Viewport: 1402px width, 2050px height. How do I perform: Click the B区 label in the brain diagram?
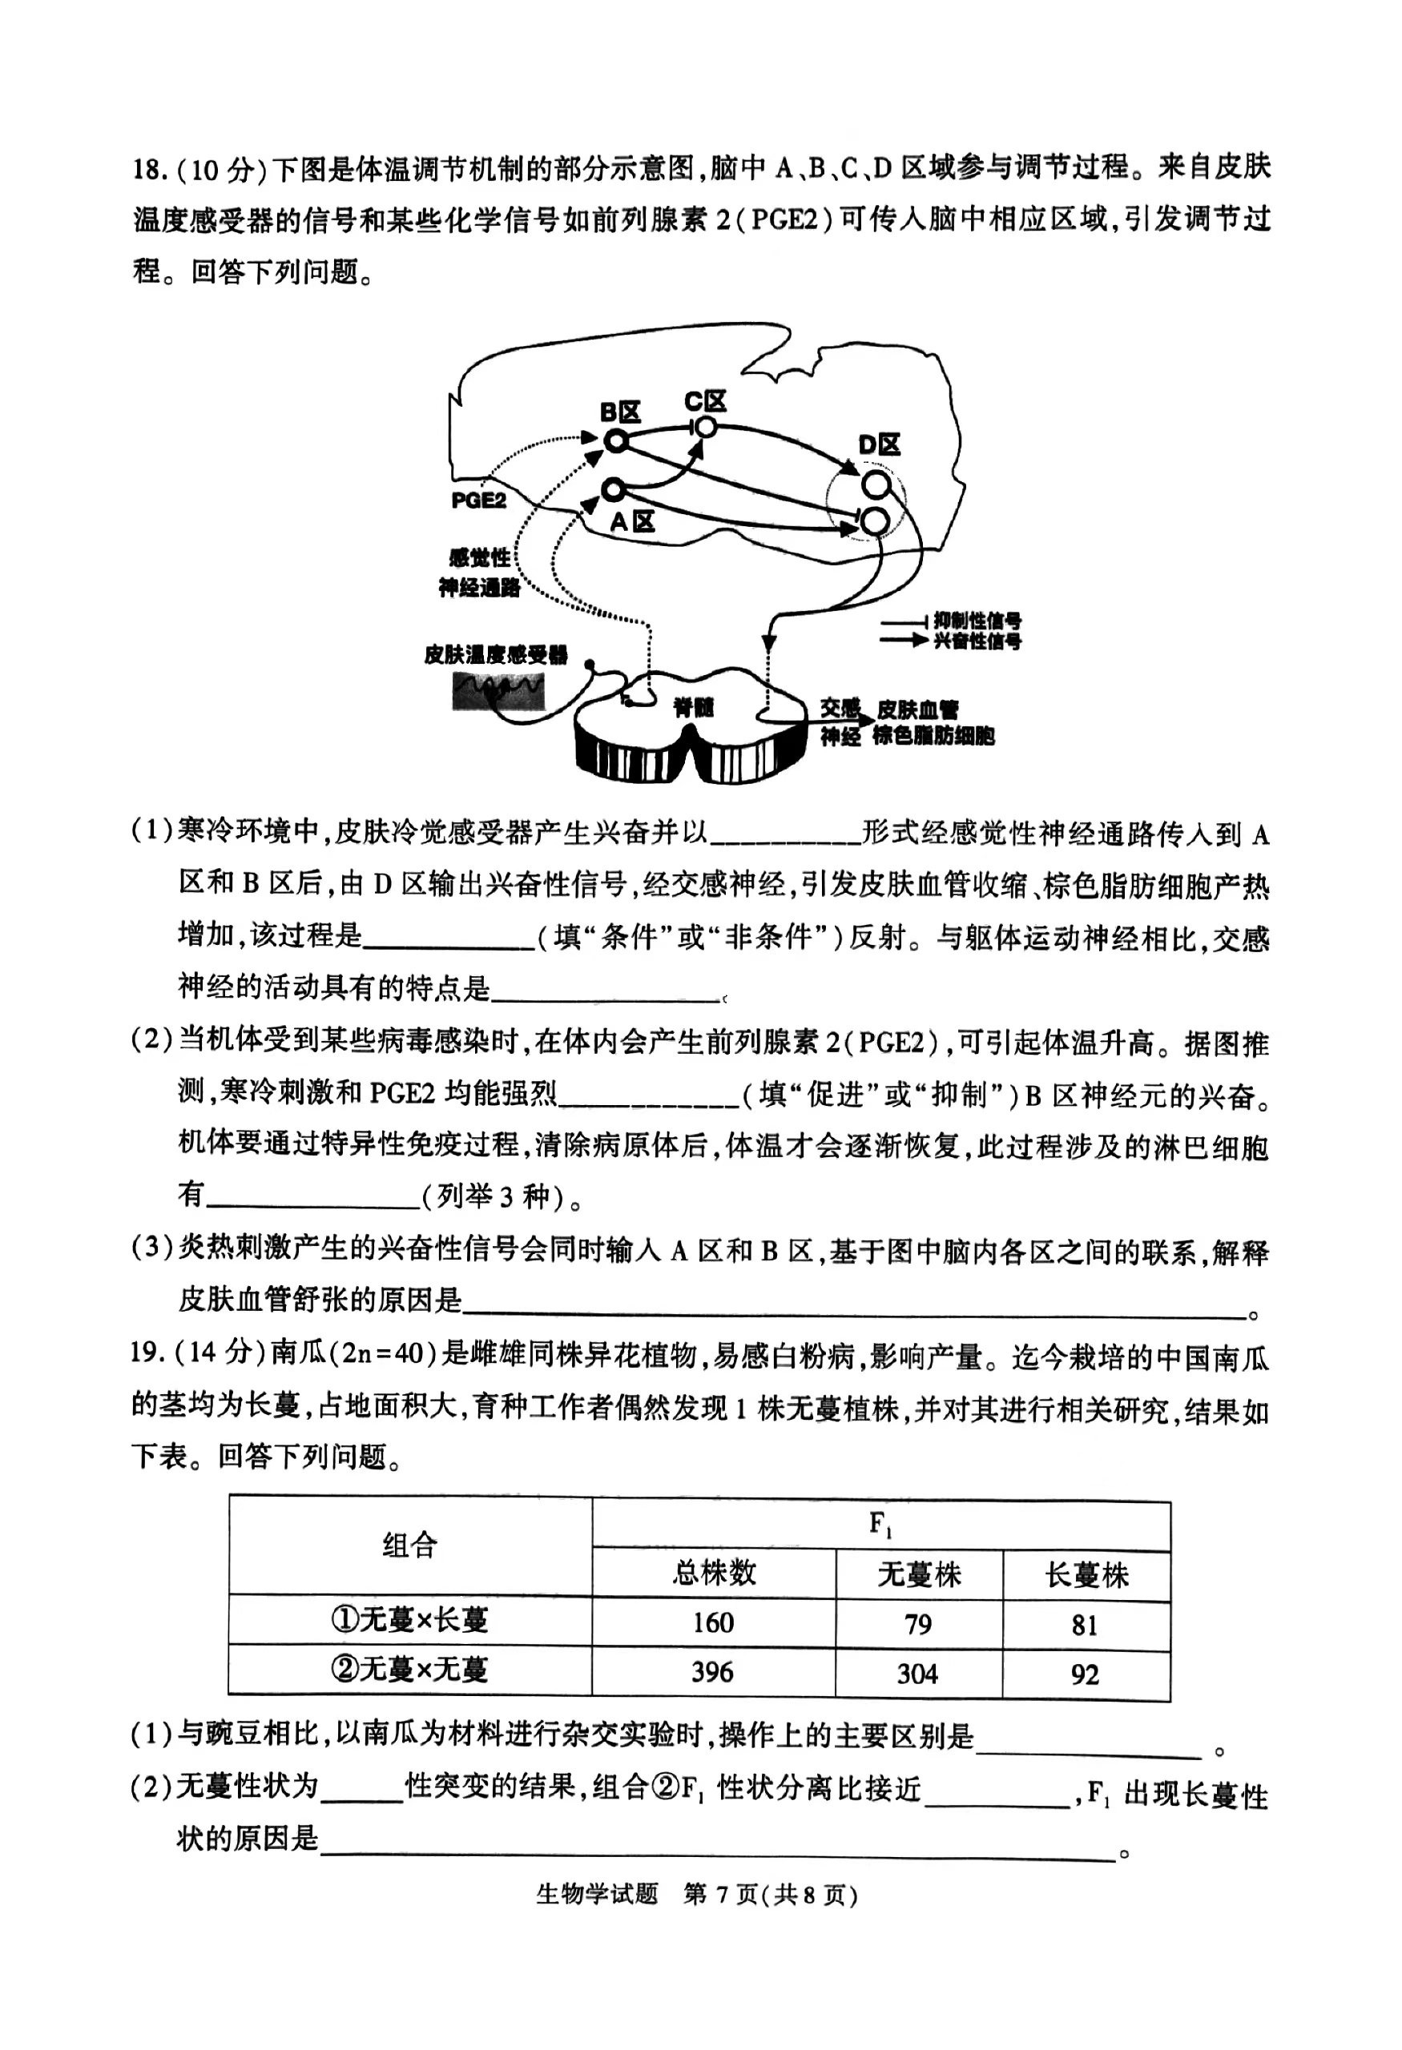pyautogui.click(x=619, y=412)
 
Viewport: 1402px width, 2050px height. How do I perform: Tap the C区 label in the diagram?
pyautogui.click(x=705, y=402)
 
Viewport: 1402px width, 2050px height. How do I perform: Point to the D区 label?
pyautogui.click(x=879, y=445)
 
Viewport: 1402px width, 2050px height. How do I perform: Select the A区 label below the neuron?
pyautogui.click(x=633, y=522)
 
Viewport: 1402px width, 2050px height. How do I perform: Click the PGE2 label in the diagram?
pyautogui.click(x=478, y=500)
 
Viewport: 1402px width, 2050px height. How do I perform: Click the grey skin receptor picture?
pyautogui.click(x=498, y=691)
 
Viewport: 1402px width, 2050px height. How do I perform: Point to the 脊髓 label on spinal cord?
pyautogui.click(x=693, y=707)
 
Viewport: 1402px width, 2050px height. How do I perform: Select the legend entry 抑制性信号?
pyautogui.click(x=977, y=621)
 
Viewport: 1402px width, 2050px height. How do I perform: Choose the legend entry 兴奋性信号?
pyautogui.click(x=977, y=641)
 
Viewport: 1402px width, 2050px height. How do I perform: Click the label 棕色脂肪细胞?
pyautogui.click(x=933, y=736)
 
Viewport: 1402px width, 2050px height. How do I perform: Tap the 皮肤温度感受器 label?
pyautogui.click(x=495, y=654)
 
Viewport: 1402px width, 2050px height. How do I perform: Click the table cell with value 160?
pyautogui.click(x=712, y=1622)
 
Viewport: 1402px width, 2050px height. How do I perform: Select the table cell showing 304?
pyautogui.click(x=917, y=1673)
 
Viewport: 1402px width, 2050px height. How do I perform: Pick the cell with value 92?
pyautogui.click(x=1085, y=1674)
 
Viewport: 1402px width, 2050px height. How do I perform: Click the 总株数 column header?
pyautogui.click(x=714, y=1573)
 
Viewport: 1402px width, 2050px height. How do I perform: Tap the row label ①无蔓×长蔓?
pyautogui.click(x=409, y=1619)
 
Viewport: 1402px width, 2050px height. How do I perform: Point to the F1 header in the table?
pyautogui.click(x=880, y=1523)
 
